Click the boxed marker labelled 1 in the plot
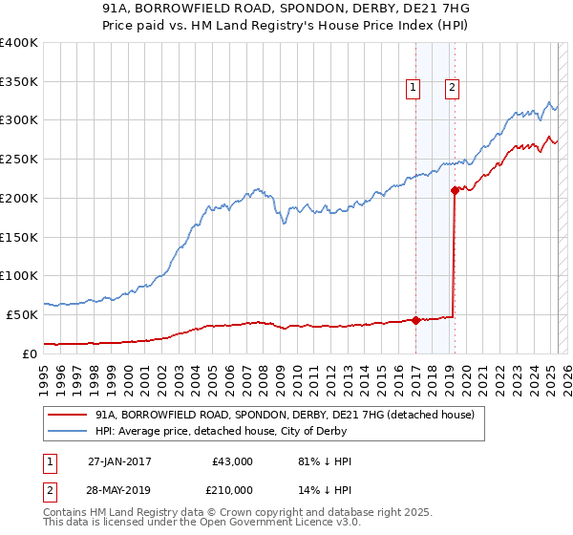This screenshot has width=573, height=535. (414, 89)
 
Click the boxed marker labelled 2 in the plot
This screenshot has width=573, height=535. (453, 89)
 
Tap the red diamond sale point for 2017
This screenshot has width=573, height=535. (415, 320)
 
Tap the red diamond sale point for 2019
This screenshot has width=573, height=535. (455, 189)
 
